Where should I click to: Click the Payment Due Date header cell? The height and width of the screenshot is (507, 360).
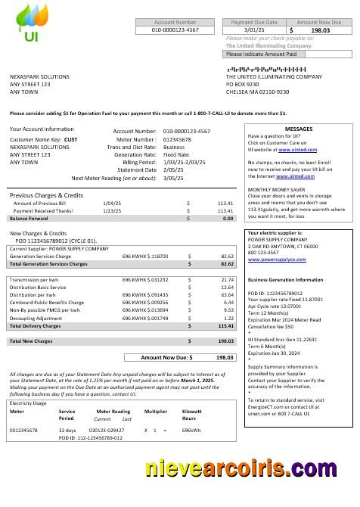click(x=253, y=23)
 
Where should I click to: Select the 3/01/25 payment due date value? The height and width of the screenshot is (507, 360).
click(x=253, y=30)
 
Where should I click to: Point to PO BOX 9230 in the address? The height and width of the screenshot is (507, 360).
click(x=243, y=84)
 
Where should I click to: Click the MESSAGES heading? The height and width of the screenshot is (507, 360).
click(x=298, y=129)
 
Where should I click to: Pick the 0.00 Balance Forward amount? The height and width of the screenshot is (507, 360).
click(x=228, y=218)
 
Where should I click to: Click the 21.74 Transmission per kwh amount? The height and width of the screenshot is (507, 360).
click(x=226, y=280)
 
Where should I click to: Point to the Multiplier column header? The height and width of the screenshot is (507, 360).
click(x=155, y=412)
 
